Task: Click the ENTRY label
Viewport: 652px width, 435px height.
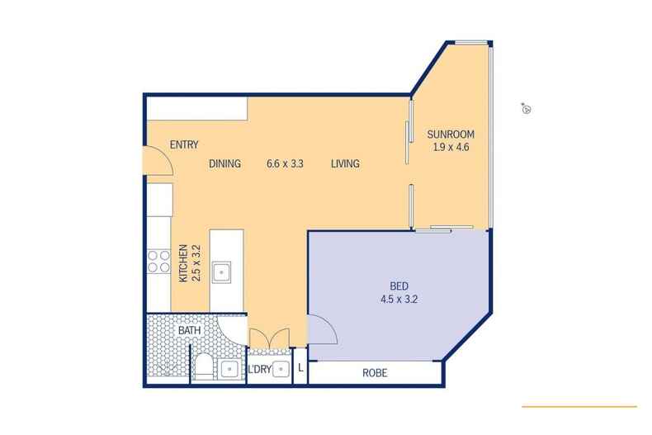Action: (x=184, y=144)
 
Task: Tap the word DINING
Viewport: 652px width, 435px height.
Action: (x=225, y=163)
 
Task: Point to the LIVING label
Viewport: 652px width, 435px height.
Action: (x=345, y=163)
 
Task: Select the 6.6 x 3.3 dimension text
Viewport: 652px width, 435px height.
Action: (x=285, y=163)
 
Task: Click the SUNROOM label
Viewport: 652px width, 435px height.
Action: (x=451, y=135)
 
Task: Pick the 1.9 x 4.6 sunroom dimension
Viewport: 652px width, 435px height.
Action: (x=451, y=147)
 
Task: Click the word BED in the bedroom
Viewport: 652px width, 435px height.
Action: (x=399, y=286)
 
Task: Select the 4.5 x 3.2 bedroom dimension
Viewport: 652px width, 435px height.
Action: (x=399, y=299)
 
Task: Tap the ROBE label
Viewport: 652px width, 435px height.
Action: (x=375, y=373)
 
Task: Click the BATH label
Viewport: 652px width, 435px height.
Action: (x=189, y=331)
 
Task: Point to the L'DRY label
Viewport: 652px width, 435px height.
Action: (x=259, y=369)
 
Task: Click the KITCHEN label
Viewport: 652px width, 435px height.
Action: (x=183, y=263)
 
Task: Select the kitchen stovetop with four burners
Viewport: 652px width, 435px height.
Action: (x=158, y=261)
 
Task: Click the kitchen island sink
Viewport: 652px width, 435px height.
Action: (x=221, y=272)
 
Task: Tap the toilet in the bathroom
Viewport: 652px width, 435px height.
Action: (x=204, y=367)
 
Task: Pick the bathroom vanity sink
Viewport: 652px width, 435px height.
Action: (x=229, y=369)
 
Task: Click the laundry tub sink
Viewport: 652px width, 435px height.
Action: (x=281, y=369)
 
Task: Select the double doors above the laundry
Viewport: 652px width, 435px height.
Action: (x=269, y=338)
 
